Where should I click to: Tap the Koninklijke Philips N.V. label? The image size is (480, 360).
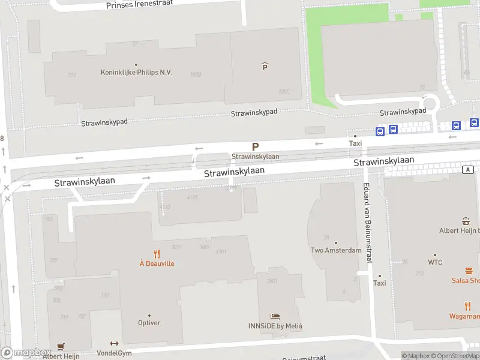tap(136, 73)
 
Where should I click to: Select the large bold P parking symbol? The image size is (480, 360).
tap(256, 146)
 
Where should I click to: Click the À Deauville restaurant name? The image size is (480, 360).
tap(157, 263)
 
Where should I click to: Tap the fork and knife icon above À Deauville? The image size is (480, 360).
tap(157, 254)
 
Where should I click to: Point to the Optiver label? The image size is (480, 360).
tap(149, 323)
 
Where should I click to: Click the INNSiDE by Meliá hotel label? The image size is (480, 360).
tap(275, 326)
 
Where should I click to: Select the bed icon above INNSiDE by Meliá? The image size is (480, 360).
tap(275, 316)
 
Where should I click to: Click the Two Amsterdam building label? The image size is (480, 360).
tap(336, 250)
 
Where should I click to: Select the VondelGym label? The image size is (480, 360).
tap(114, 353)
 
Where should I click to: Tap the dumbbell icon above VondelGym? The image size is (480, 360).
tap(114, 344)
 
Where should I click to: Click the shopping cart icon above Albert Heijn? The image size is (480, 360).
tap(60, 347)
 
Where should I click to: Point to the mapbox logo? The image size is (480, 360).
tap(26, 353)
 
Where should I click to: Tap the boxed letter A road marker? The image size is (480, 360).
tap(467, 170)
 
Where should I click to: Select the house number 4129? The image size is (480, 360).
tap(192, 197)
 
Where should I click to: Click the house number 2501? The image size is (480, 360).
tap(271, 281)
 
